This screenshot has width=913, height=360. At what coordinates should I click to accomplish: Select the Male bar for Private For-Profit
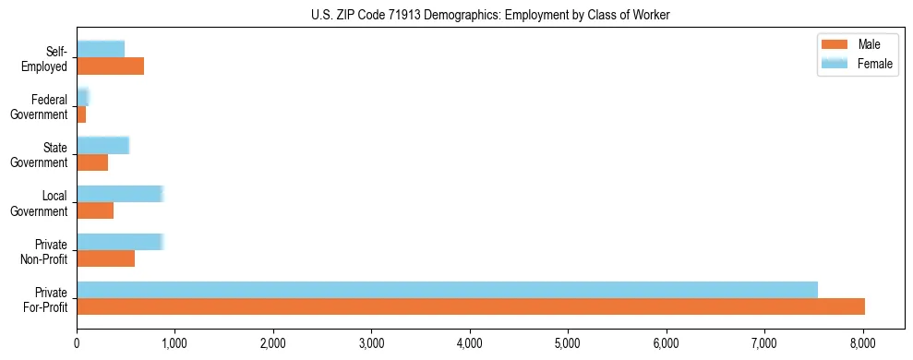tap(471, 306)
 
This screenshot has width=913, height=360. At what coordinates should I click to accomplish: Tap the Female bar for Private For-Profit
tap(447, 290)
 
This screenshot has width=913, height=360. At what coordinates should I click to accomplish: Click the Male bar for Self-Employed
tap(110, 66)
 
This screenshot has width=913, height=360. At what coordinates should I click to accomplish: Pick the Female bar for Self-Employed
tap(101, 49)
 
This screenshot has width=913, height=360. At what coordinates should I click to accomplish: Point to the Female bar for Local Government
tap(120, 194)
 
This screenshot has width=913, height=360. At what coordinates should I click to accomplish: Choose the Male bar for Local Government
tap(95, 210)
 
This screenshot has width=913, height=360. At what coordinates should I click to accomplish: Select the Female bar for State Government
tap(102, 145)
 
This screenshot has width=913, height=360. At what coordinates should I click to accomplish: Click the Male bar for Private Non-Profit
tap(105, 258)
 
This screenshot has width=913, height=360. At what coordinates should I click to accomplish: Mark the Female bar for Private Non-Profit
tap(120, 242)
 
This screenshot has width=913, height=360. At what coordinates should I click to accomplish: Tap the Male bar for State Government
tap(92, 162)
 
